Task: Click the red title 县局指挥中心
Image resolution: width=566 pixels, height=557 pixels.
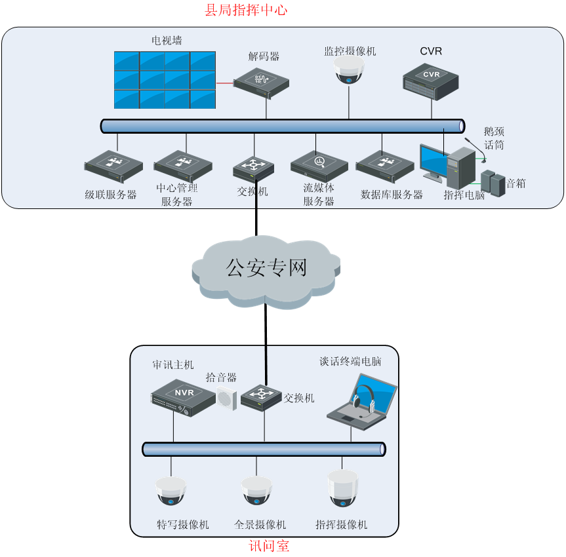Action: click(246, 10)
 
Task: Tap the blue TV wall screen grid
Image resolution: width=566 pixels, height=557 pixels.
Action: click(165, 80)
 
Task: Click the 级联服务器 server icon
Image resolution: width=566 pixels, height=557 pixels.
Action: click(113, 166)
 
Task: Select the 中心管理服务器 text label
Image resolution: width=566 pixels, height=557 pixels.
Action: click(177, 195)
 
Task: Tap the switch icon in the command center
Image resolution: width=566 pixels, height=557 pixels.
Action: click(253, 168)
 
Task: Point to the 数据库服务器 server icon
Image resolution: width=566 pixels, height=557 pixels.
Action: click(385, 165)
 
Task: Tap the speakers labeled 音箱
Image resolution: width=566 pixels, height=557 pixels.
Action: click(493, 183)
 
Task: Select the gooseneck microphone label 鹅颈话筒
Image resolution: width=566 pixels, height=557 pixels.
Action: click(494, 138)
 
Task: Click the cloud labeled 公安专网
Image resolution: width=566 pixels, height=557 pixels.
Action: click(266, 268)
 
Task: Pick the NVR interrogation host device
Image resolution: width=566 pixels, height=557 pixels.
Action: click(183, 395)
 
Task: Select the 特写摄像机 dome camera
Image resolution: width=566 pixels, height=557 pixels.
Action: click(171, 491)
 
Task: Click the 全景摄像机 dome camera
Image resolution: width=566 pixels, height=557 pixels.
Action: click(256, 491)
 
